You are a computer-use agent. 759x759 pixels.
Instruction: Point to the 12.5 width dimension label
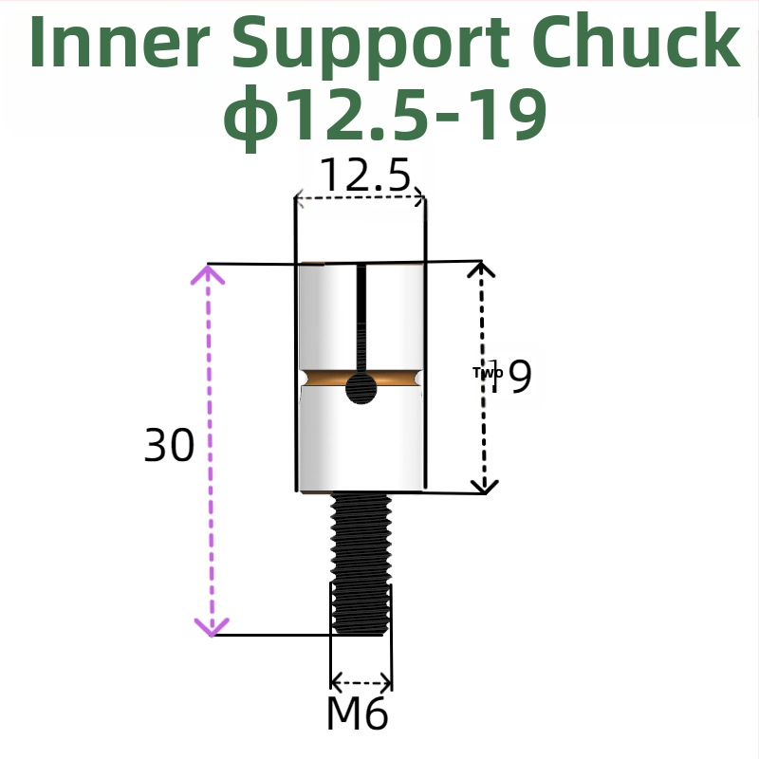(364, 176)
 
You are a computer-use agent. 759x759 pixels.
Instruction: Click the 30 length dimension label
(169, 445)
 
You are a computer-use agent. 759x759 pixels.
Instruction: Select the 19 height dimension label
(512, 377)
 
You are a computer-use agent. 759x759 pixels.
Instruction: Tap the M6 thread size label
(357, 713)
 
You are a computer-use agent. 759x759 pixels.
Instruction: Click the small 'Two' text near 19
(487, 373)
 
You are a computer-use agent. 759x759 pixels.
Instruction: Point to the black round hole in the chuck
(361, 387)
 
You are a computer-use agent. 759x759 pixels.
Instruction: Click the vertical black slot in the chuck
(361, 318)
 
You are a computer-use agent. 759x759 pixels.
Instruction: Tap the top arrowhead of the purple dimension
(209, 275)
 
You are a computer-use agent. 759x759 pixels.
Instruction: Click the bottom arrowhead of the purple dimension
(212, 626)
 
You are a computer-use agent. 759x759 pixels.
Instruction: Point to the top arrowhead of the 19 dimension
(483, 269)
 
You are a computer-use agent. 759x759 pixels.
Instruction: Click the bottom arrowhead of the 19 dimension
(485, 486)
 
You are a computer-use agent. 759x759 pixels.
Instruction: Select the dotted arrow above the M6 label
(361, 681)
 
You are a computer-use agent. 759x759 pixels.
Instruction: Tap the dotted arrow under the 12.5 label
(360, 198)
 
